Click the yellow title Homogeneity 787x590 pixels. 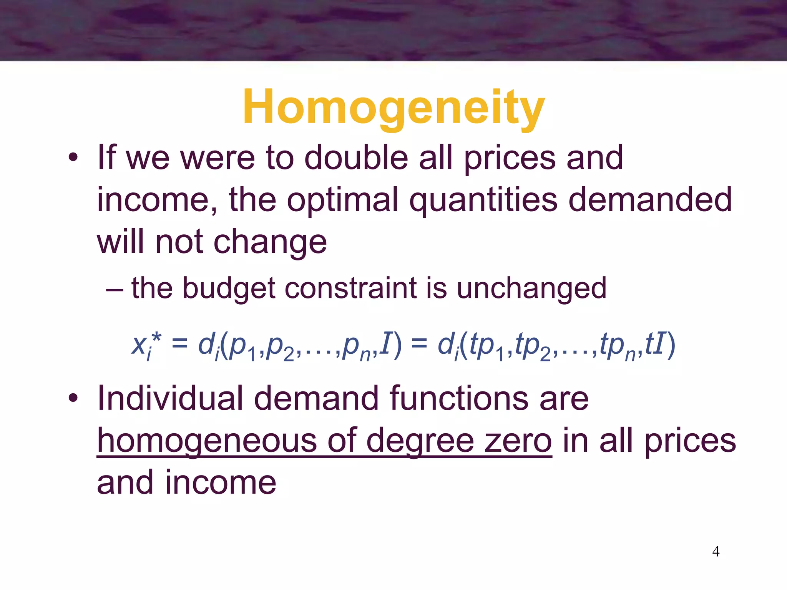[x=393, y=108]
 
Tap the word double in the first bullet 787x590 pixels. [x=356, y=158]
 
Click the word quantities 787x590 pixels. [x=483, y=201]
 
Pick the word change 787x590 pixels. [x=270, y=243]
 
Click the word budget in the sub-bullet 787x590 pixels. [x=228, y=289]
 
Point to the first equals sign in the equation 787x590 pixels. [x=179, y=343]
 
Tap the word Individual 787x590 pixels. [x=170, y=399]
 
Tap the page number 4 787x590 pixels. [x=716, y=552]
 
